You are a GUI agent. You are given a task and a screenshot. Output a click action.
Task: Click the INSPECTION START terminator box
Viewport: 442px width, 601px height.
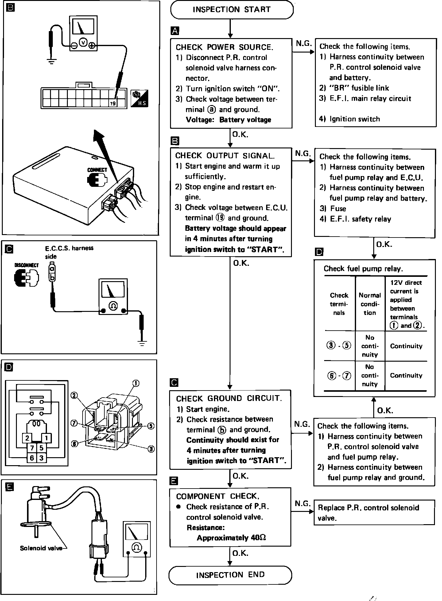point(231,10)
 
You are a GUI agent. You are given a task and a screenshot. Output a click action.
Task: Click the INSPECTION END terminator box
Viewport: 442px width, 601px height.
point(230,575)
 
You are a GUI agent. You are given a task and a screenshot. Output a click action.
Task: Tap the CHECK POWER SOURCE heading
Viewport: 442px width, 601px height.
point(224,47)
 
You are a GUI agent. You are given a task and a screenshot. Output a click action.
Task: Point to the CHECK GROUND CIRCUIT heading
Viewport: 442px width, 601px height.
point(229,399)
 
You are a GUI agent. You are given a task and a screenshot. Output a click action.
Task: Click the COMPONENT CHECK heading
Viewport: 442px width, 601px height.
point(218,496)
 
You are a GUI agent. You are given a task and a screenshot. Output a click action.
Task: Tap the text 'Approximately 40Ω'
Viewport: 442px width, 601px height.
point(231,538)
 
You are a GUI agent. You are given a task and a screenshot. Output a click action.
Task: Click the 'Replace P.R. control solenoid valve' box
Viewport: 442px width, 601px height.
point(374,513)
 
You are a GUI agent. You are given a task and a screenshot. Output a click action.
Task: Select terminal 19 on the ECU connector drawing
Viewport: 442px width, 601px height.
point(113,104)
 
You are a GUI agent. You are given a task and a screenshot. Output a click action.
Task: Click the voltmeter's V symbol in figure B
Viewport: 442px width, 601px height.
point(83,42)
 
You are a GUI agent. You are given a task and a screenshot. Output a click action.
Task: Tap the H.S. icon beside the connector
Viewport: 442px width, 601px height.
point(139,99)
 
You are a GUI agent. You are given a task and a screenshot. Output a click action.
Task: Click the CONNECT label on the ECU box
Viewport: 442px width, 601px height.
point(97,170)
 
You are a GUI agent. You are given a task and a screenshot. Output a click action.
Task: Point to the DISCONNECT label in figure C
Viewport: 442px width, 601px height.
point(27,265)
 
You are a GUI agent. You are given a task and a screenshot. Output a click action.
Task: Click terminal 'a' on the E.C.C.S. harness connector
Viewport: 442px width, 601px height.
point(52,269)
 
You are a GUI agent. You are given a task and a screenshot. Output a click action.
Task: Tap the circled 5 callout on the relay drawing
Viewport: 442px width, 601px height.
point(151,426)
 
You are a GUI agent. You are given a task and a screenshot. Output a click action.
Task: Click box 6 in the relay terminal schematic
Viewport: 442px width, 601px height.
point(32,458)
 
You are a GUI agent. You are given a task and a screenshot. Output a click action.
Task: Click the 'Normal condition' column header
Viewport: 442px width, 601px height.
point(370,304)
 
